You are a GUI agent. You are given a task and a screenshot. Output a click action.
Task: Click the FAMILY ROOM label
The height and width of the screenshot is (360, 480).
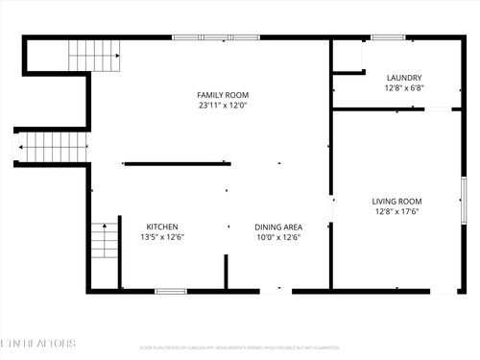click(x=223, y=94)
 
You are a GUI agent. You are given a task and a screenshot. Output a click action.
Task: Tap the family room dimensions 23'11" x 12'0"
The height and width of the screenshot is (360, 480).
click(x=223, y=105)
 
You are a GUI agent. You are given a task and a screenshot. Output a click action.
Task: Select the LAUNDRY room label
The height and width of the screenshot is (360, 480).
click(x=404, y=78)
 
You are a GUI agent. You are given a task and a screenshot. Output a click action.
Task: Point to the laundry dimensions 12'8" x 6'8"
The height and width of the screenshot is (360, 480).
click(x=404, y=88)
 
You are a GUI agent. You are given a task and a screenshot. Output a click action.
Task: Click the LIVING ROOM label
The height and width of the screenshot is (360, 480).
click(x=396, y=201)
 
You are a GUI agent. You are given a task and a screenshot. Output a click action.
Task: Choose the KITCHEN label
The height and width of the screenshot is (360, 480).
click(x=162, y=227)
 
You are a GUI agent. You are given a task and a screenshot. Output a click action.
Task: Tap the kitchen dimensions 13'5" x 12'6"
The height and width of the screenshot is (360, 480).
click(x=162, y=237)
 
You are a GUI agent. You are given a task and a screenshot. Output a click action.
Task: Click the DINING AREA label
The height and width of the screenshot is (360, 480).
click(x=278, y=227)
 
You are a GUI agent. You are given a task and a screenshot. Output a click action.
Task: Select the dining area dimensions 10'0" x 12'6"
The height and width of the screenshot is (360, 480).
click(x=278, y=237)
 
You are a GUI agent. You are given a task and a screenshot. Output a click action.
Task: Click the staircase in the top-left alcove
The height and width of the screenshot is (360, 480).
click(x=94, y=56)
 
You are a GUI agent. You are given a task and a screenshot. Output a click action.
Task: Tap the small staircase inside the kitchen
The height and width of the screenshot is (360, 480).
click(x=104, y=239)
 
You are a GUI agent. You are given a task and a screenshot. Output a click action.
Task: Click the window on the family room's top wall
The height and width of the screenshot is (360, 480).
click(x=216, y=37)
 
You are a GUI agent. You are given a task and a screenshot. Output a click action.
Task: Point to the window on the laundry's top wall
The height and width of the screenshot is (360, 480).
click(x=387, y=37)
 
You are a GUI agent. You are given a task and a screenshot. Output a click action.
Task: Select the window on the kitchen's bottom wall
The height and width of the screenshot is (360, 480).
click(x=170, y=290)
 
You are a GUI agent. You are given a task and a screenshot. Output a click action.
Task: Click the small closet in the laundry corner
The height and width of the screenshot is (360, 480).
click(x=348, y=57)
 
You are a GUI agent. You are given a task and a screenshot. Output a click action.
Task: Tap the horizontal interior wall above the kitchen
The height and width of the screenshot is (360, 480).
click(x=177, y=163)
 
